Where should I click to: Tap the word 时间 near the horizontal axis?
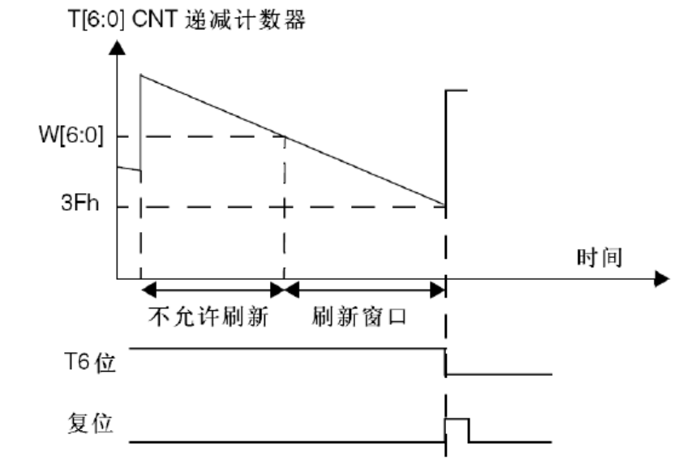(599, 258)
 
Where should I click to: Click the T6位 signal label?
(91, 362)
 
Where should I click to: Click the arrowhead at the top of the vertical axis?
(118, 48)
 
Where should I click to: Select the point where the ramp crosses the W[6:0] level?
(285, 136)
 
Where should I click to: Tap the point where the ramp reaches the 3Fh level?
(445, 205)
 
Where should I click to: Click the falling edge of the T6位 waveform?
(445, 362)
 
